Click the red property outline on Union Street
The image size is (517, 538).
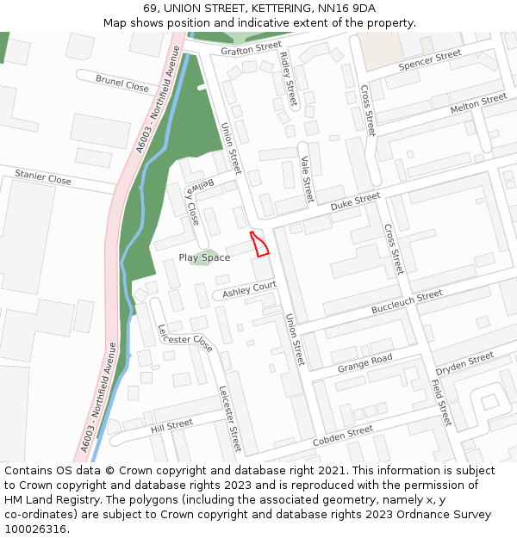coord(259,244)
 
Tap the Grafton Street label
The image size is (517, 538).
coord(251,48)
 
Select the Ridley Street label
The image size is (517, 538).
coord(288,78)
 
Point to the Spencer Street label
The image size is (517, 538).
coord(430,60)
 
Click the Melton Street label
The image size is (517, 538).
coord(478,104)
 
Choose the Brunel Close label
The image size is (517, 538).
coord(122,84)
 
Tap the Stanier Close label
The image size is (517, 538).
coord(43,178)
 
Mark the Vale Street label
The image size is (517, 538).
coord(305,179)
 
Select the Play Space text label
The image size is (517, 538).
coord(204,257)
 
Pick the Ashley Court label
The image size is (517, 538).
coord(249,289)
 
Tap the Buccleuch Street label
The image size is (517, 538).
coord(407,302)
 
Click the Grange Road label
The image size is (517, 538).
coord(365,363)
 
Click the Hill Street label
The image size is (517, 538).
coord(171,425)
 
